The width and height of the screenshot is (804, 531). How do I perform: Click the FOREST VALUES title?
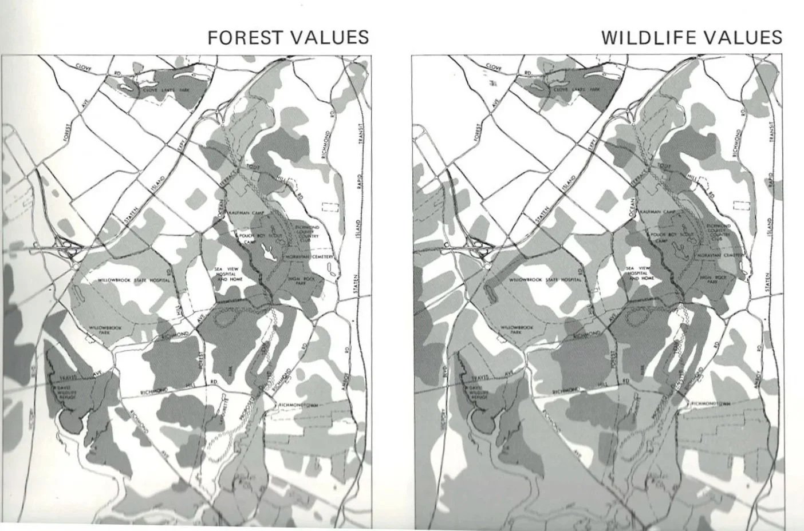click(x=288, y=37)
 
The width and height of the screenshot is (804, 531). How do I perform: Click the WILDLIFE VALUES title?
click(x=691, y=37)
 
